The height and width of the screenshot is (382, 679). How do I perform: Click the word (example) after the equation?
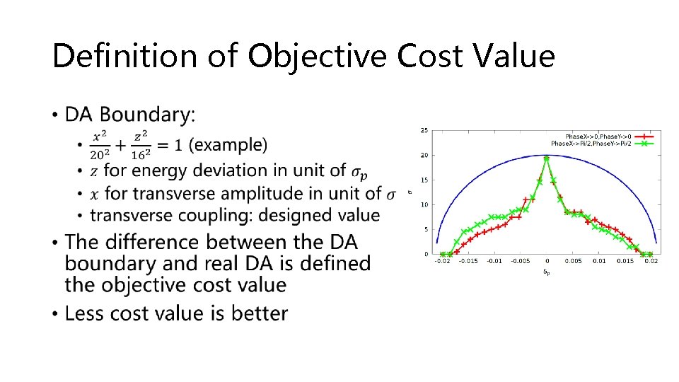click(x=229, y=145)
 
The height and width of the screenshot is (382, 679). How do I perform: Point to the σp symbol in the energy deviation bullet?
click(x=359, y=171)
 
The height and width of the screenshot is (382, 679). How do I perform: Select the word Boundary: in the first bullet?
click(x=149, y=114)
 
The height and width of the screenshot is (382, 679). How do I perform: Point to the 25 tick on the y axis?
click(x=423, y=130)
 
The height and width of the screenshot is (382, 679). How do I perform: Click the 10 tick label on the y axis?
click(x=423, y=204)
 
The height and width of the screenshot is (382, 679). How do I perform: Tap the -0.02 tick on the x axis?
click(x=441, y=261)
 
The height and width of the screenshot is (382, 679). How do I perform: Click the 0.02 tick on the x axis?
click(x=651, y=261)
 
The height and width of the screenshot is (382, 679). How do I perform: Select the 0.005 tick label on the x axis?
click(x=572, y=261)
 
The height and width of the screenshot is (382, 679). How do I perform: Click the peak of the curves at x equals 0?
click(x=546, y=158)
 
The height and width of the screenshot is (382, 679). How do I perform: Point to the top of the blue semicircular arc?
click(x=546, y=155)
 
